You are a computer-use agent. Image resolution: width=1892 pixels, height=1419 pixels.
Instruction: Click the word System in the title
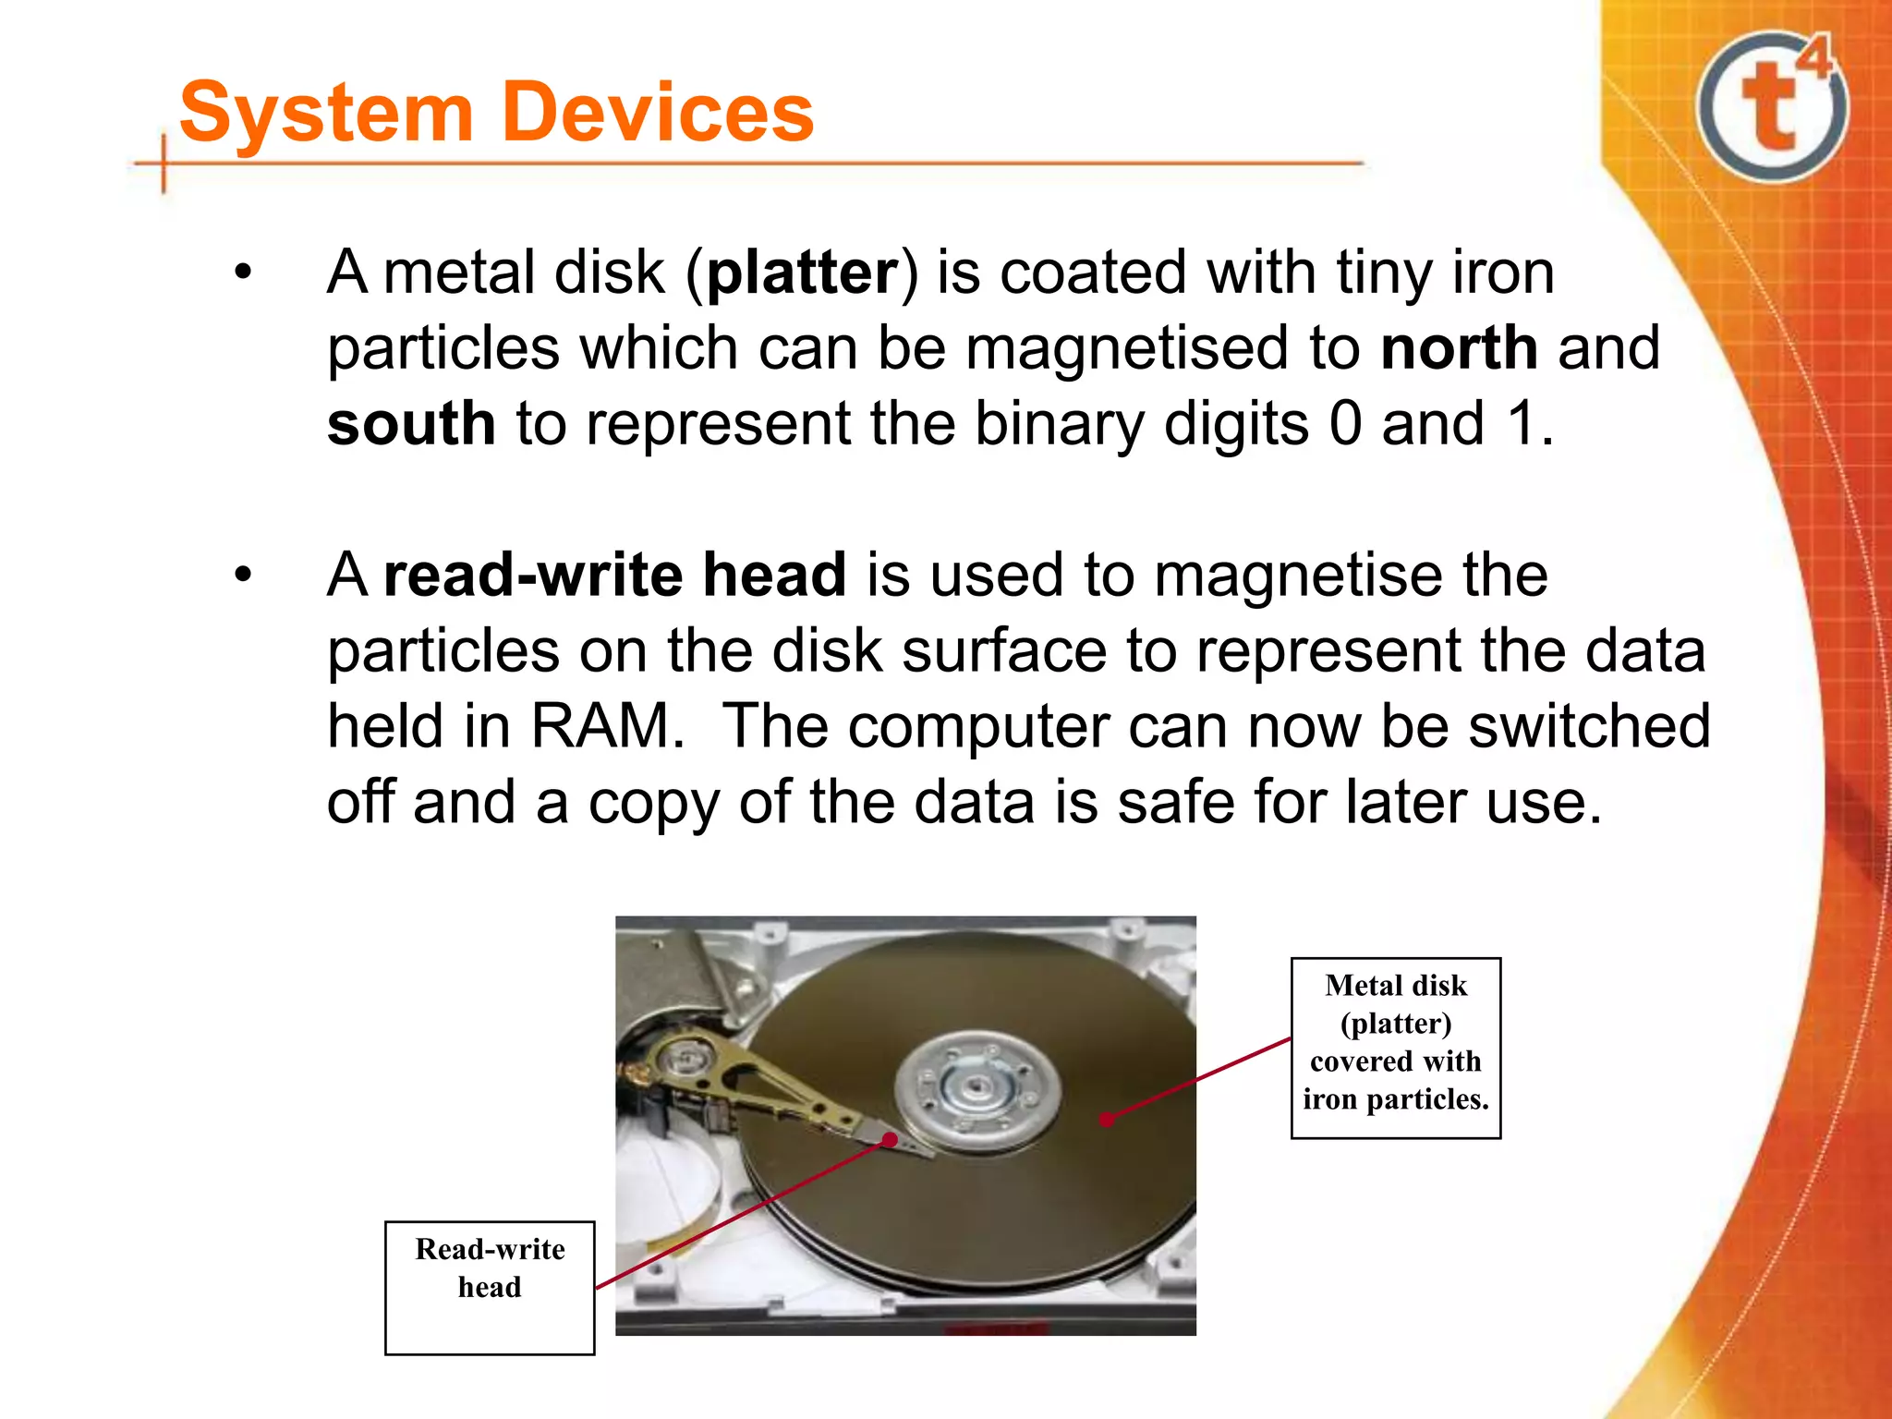pos(326,113)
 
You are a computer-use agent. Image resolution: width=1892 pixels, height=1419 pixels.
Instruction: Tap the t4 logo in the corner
pos(1773,106)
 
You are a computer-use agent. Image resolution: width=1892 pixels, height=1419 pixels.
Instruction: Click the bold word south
pos(411,424)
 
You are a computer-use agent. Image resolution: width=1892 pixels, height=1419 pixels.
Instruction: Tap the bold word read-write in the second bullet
pos(533,575)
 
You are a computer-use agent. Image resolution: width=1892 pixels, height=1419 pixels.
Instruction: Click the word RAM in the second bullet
pos(605,726)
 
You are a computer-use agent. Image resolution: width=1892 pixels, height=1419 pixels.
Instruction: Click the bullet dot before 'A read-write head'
pos(243,575)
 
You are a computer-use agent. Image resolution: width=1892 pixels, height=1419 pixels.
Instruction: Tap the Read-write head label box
pos(490,1287)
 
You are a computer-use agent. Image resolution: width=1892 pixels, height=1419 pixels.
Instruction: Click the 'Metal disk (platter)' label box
pos(1395,1048)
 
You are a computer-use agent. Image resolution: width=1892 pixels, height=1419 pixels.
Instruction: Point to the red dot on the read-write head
pos(890,1140)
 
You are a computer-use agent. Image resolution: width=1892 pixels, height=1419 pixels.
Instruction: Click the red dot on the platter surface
pos(1107,1120)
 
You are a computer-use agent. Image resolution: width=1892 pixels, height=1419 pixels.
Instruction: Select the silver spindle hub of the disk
pos(976,1090)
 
